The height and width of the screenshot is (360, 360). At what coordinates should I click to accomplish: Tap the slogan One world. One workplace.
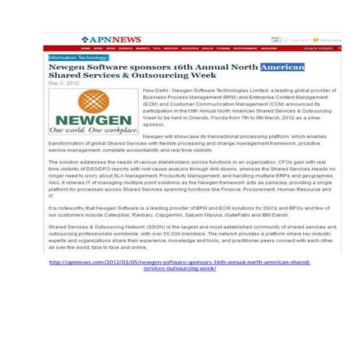(93, 132)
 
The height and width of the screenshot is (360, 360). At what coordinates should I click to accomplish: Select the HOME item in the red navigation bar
(87, 48)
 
